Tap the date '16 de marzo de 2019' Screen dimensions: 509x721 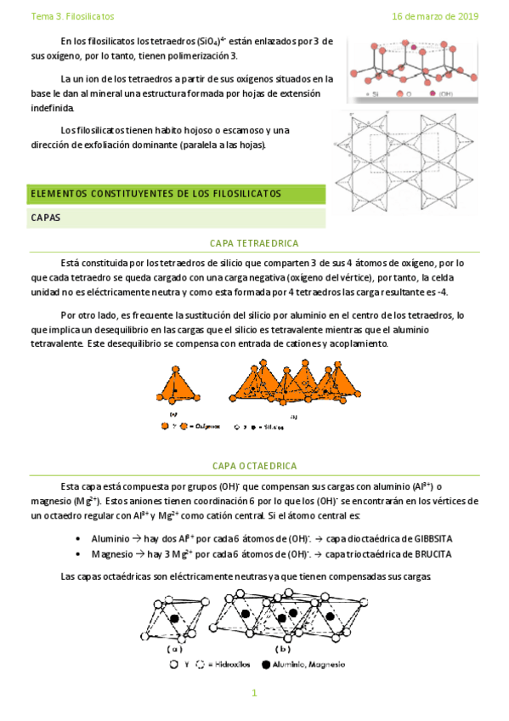click(x=435, y=16)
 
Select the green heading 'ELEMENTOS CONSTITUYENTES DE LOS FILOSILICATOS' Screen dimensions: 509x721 click(x=156, y=194)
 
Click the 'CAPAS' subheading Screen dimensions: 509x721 click(x=45, y=218)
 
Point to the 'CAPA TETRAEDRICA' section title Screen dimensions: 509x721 click(x=254, y=242)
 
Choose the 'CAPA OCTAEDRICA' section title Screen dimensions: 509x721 click(x=254, y=466)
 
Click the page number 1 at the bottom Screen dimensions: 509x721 click(x=254, y=694)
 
